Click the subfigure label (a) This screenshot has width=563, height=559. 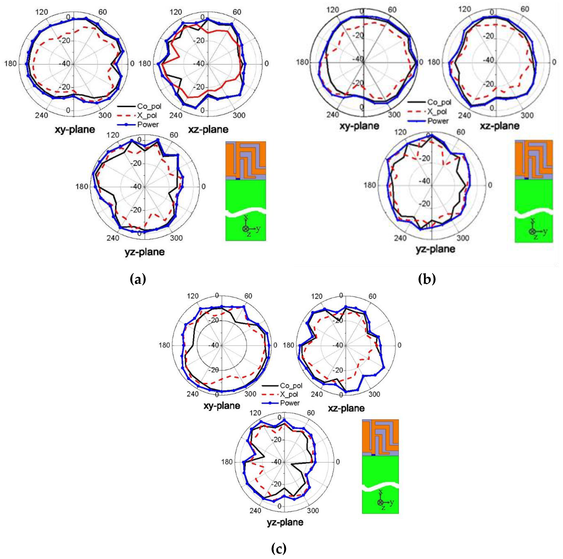[x=138, y=279]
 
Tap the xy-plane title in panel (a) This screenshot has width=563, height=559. [x=75, y=129]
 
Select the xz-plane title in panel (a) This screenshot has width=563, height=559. [x=208, y=129]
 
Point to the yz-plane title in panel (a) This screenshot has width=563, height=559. [x=144, y=252]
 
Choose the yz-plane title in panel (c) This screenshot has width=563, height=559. [x=285, y=522]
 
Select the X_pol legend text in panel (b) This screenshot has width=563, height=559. [x=437, y=111]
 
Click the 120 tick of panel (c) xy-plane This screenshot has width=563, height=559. [x=193, y=296]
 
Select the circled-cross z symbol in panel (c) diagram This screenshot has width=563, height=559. [x=380, y=502]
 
